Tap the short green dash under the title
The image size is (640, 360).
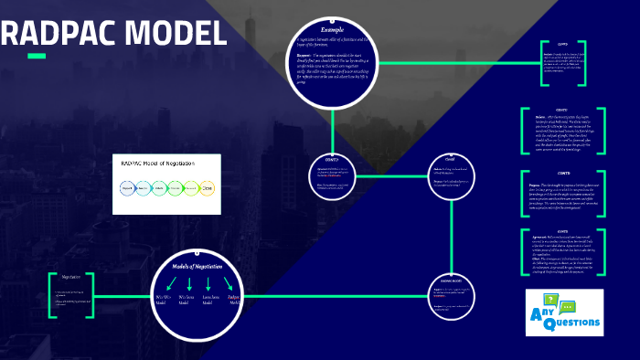click(x=37, y=57)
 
